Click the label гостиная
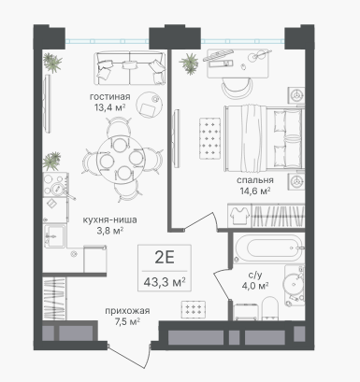(109, 97)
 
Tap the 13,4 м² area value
(109, 107)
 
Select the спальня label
(255, 180)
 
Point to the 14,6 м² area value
(255, 191)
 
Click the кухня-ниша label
(109, 219)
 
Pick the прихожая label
(127, 311)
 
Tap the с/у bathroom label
(255, 275)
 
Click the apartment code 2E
(165, 258)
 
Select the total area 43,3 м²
(165, 283)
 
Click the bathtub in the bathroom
(268, 248)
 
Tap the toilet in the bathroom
(270, 308)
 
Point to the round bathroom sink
(292, 284)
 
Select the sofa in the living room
(130, 68)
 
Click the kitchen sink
(54, 236)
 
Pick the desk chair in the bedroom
(237, 87)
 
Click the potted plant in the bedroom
(189, 64)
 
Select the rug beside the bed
(210, 137)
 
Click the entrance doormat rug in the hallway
(194, 309)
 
